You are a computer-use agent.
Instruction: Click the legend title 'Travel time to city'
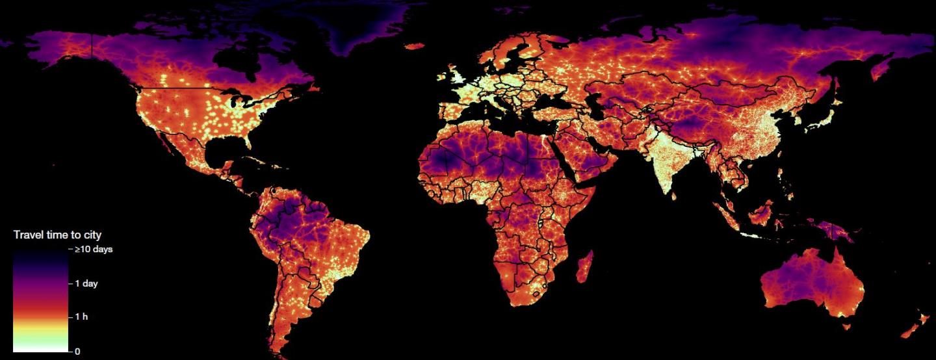click(57, 235)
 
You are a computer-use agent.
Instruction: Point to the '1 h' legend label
click(81, 317)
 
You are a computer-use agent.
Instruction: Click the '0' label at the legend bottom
click(77, 352)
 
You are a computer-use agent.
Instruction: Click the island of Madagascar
click(584, 266)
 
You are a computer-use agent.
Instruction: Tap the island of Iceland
click(413, 46)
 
